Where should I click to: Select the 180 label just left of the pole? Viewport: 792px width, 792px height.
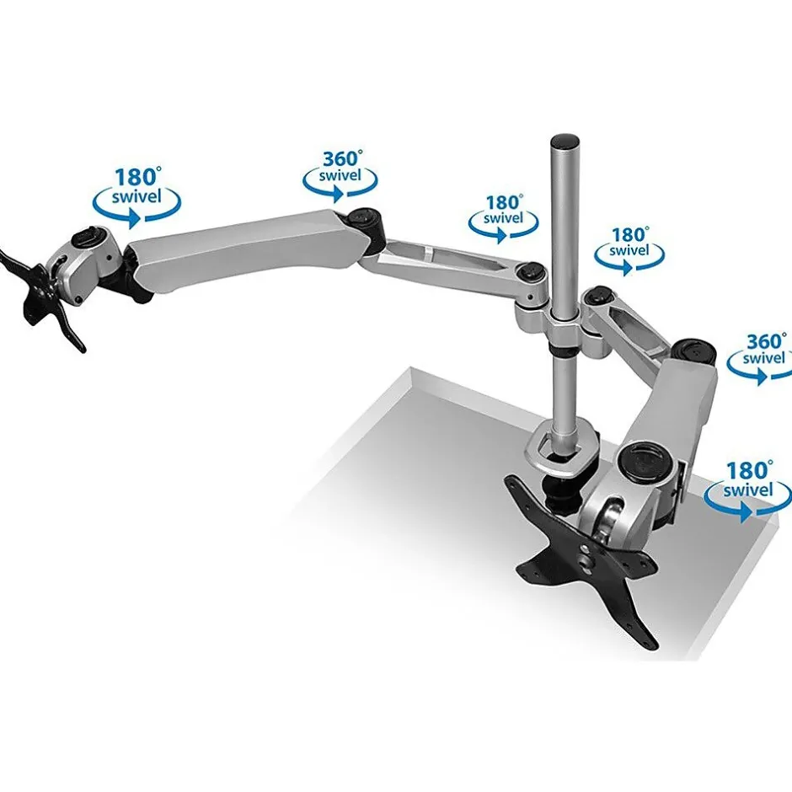504,202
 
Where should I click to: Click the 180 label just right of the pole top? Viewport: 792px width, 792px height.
630,235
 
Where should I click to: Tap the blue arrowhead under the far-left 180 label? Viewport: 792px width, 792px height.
134,218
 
